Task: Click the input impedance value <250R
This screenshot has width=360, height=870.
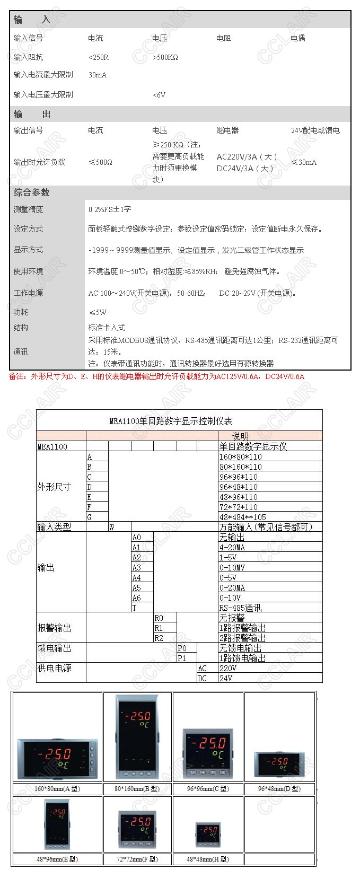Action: coord(99,57)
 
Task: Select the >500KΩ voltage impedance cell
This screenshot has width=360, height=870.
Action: coord(165,57)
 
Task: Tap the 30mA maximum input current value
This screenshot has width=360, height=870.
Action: coord(98,75)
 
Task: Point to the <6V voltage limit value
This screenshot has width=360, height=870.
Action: coord(159,95)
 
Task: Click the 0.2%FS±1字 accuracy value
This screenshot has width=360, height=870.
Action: coord(109,209)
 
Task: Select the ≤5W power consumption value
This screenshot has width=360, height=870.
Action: coord(98,312)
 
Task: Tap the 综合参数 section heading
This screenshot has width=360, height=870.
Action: coord(31,192)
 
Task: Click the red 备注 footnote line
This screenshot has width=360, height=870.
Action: coord(156,376)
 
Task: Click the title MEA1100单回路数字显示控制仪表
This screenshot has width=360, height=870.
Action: coord(171,421)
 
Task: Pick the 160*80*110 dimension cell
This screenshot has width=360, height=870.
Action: coord(240,456)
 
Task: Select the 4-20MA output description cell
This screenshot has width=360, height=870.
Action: coord(232,547)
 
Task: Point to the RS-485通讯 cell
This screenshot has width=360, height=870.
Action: coord(240,608)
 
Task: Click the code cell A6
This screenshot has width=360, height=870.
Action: coord(137,597)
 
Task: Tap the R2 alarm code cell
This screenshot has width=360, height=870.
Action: coord(159,638)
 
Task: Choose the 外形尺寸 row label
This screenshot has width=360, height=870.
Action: coord(54,487)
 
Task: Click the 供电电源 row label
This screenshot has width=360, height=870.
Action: coord(54,668)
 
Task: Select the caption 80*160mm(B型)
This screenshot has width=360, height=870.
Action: coord(137,788)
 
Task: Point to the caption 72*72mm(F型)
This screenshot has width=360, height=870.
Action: coord(137,859)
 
